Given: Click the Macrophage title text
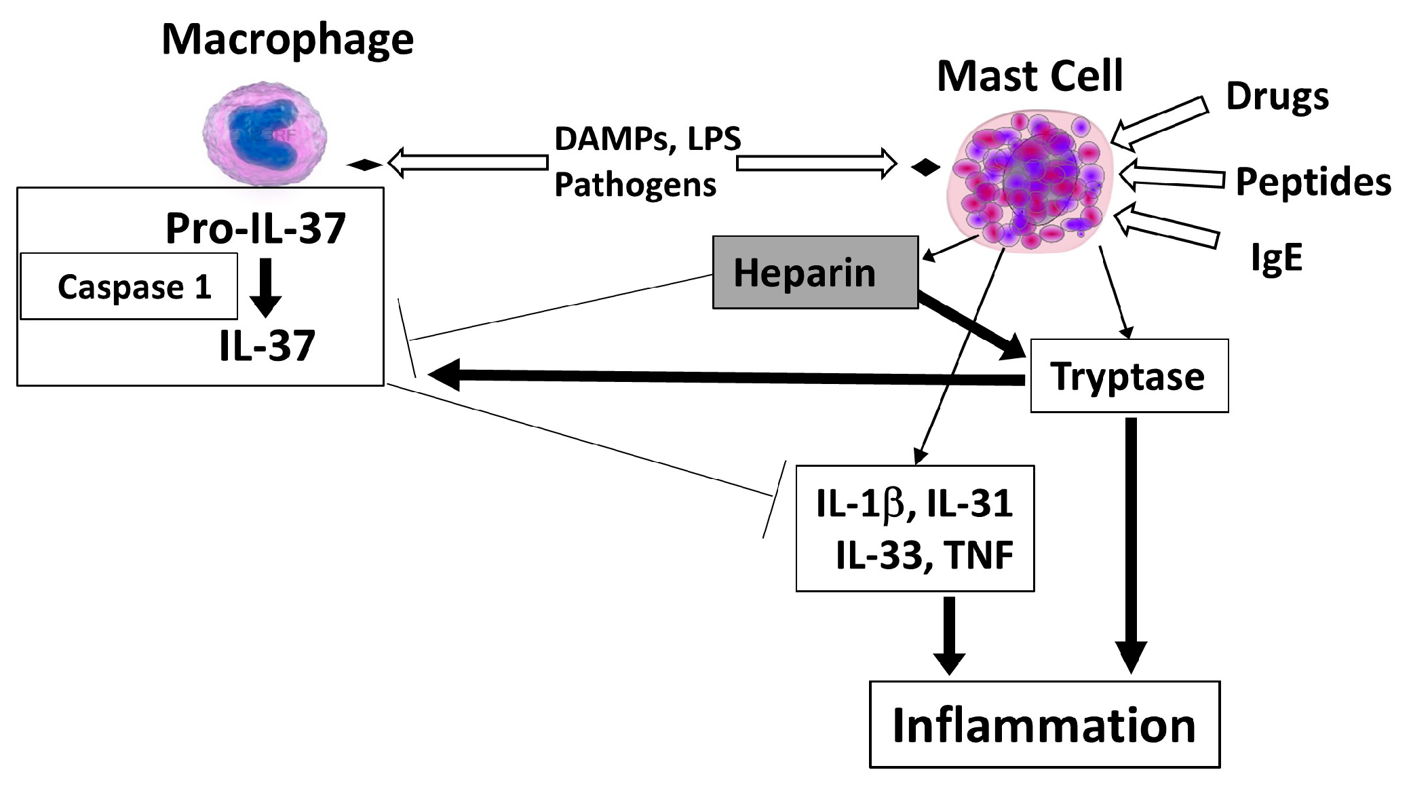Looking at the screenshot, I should pos(288,39).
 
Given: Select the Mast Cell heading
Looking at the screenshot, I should pos(1030,76).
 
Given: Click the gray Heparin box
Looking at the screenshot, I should pos(815,273).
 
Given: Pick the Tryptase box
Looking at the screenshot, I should pos(1129,376).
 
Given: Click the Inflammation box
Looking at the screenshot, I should pos(1044,725).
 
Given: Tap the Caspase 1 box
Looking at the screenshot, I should pos(129,286).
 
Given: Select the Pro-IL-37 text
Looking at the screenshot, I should pos(256,228).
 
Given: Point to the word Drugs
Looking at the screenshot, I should pos(1277,97).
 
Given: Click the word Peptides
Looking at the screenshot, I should pos(1313,182).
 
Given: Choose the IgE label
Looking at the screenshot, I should pos(1276,257).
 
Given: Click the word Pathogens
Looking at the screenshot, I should pos(635,185).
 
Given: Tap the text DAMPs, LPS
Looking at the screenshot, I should pos(647,139).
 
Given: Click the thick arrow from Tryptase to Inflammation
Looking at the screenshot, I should pos(1130,543).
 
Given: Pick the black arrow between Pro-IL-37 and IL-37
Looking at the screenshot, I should pos(266,287).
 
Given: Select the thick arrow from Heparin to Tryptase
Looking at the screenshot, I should pos(970,325).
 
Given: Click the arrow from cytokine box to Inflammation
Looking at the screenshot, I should pos(949,634).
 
